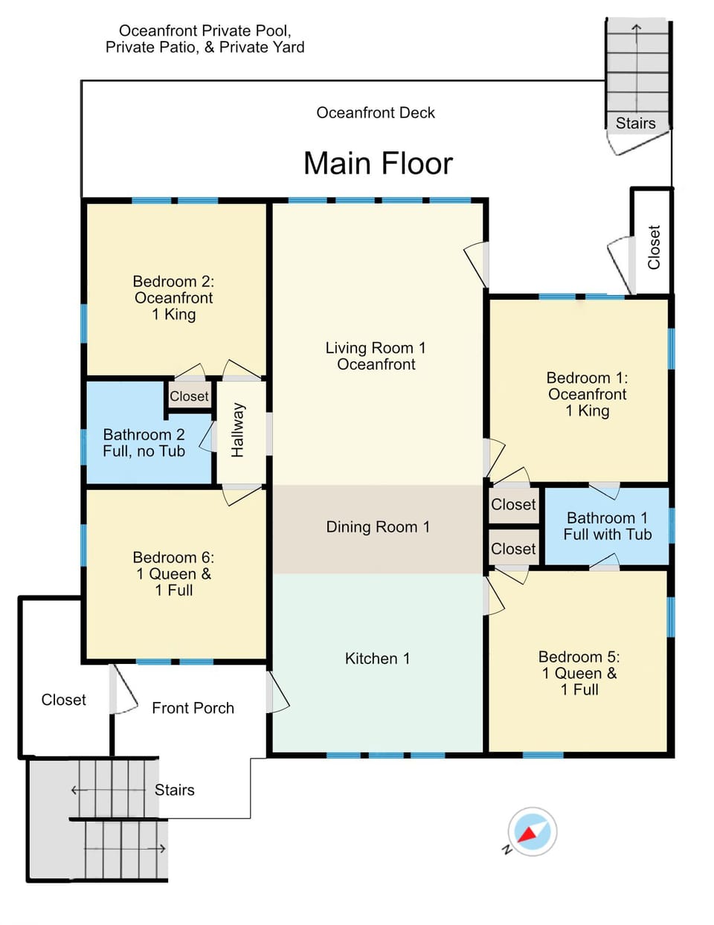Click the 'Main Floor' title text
tap(378, 164)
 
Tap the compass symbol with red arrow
tap(532, 831)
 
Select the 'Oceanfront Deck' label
tap(376, 113)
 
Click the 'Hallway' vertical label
tap(237, 430)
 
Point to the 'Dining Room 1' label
tap(378, 527)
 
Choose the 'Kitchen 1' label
tap(377, 659)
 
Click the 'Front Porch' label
tap(193, 708)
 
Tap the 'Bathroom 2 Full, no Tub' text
tap(144, 443)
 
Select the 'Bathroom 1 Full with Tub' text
tap(607, 526)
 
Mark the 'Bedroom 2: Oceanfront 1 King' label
tap(173, 297)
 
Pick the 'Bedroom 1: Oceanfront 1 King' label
tap(587, 394)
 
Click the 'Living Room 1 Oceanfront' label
tap(376, 356)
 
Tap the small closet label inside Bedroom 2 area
tap(189, 396)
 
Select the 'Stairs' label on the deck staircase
tap(635, 123)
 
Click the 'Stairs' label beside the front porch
tap(175, 790)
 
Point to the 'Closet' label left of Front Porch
tap(64, 700)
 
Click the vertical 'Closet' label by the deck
tap(654, 248)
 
